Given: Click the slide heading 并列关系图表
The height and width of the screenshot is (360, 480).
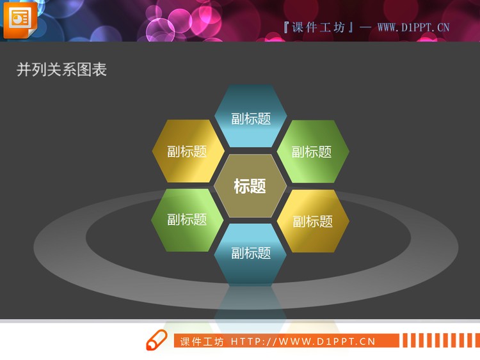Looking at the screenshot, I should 61,70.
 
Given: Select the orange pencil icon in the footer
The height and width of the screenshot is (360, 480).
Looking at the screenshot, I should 156,341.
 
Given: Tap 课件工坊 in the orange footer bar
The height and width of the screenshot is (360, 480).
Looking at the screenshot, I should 202,341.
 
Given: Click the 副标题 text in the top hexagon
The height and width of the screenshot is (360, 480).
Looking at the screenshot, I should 251,118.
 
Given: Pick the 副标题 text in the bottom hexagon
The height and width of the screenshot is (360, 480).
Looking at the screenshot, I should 251,253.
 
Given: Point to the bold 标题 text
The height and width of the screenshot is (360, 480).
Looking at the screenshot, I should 250,186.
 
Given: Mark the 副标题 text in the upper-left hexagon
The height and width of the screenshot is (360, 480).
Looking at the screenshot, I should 187,152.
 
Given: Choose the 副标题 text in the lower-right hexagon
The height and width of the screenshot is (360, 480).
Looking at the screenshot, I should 313,221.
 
